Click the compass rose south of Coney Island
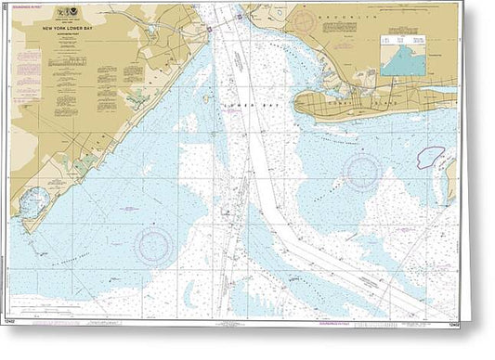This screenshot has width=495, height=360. [362, 170]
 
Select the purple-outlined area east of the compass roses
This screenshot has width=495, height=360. [430, 157]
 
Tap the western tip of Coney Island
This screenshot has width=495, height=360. [299, 105]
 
